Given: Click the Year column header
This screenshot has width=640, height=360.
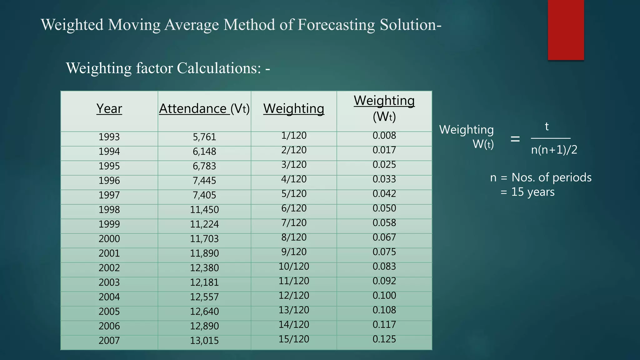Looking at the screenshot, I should (x=109, y=109).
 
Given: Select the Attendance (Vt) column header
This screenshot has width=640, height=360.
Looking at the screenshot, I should (x=204, y=109).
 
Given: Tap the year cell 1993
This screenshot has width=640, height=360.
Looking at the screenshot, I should (x=109, y=137).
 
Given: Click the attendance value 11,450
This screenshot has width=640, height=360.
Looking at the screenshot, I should (x=204, y=210).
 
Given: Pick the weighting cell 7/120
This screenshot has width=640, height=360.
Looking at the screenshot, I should (x=294, y=223).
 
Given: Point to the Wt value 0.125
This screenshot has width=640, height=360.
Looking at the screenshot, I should (x=384, y=339).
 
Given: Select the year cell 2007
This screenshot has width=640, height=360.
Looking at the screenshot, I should (x=109, y=341).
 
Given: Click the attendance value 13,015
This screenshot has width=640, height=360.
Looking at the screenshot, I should (x=204, y=341).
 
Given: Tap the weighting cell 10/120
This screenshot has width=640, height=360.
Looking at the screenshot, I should (x=294, y=267).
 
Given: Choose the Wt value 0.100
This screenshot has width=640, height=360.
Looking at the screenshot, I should (x=384, y=296).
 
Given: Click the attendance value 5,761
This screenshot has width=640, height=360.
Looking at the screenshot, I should (x=204, y=137).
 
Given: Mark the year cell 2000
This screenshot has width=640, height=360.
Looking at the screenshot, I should (x=109, y=239).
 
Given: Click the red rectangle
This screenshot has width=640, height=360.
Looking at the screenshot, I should (x=566, y=30).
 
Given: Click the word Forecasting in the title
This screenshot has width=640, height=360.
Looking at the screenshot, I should (x=336, y=25).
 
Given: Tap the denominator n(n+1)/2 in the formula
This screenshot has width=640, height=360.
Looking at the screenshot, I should (x=554, y=150).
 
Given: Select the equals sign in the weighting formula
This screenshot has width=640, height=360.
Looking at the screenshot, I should (x=515, y=139).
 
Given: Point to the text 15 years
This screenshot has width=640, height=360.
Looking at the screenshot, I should (x=533, y=192).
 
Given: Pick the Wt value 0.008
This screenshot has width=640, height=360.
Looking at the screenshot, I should (x=384, y=136).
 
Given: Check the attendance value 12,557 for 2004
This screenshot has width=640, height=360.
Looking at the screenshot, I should (x=204, y=297).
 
